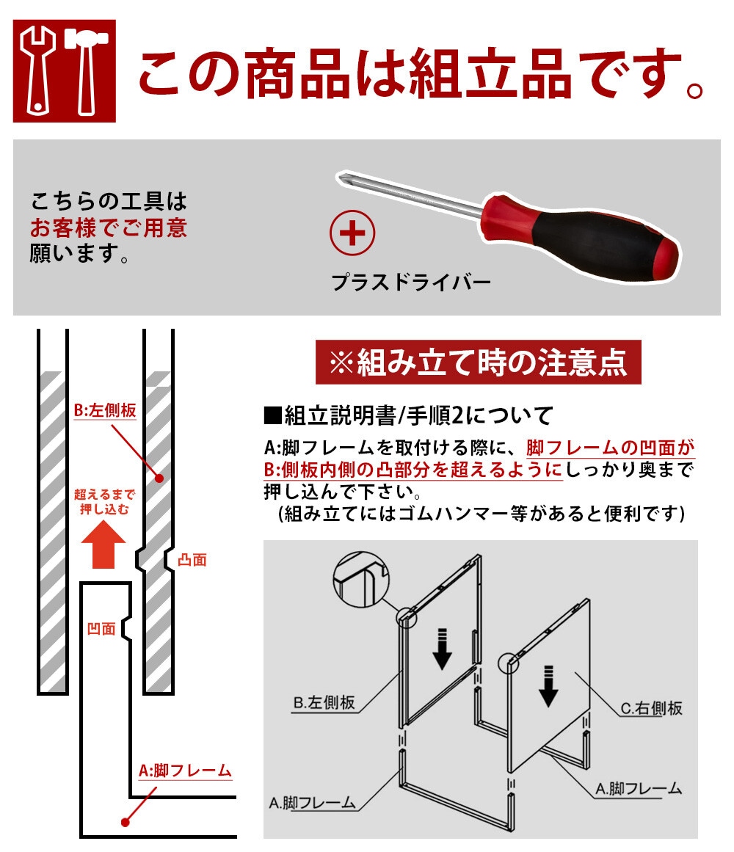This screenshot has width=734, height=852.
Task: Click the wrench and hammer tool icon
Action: [x=64, y=71]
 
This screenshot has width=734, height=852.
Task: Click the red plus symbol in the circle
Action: [x=352, y=234]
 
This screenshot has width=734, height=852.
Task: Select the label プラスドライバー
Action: [x=410, y=282]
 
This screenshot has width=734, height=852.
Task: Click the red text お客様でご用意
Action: [x=109, y=227]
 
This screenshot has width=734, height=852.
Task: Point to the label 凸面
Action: [x=192, y=560]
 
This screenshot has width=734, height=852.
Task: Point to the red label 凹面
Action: [x=101, y=628]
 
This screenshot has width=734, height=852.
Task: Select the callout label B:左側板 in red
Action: [x=106, y=411]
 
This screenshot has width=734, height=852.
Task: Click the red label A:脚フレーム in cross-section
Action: [x=185, y=771]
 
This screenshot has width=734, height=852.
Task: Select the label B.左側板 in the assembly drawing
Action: [x=324, y=702]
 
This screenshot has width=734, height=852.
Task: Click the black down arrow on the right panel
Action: [x=547, y=685]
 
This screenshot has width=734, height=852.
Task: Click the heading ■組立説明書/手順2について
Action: [x=407, y=417]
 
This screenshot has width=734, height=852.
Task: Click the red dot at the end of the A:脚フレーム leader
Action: [x=124, y=823]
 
